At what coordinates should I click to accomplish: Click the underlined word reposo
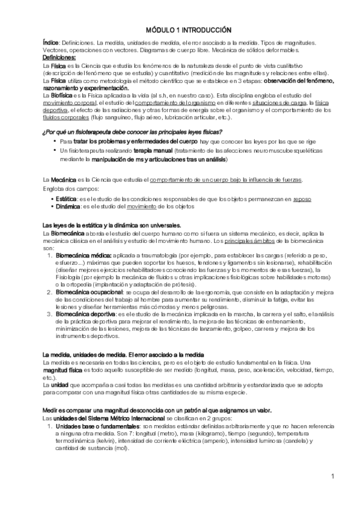coord(303,198)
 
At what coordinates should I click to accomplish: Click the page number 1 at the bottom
coord(332,476)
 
